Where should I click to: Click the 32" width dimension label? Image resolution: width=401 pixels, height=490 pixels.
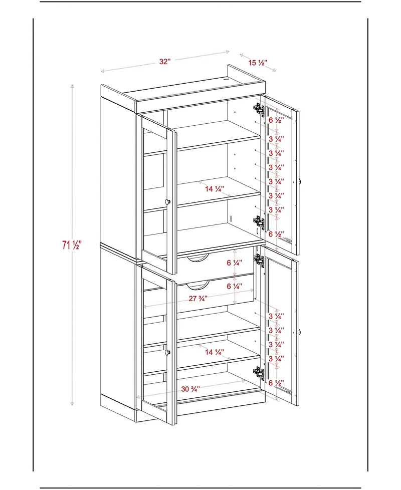pos(165,62)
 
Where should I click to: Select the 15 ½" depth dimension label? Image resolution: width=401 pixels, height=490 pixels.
pos(258,63)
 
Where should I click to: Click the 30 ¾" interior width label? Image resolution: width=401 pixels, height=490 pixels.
pos(190,388)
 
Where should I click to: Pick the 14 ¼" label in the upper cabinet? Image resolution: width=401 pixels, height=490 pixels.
pos(214,189)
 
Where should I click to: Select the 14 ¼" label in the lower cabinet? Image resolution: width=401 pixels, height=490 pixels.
pos(214,352)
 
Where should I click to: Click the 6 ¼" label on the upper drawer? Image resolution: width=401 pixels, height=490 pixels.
pos(234,263)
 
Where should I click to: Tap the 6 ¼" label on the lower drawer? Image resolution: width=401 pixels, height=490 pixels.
pos(234,287)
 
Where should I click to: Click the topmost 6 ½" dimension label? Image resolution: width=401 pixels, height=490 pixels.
pos(276,120)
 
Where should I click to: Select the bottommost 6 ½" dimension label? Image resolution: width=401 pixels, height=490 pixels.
pos(276,383)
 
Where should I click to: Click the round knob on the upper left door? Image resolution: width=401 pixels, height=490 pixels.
pos(168,201)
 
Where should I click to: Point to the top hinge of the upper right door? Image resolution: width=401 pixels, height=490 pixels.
pos(258,108)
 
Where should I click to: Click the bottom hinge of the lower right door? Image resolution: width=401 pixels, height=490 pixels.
pos(258,372)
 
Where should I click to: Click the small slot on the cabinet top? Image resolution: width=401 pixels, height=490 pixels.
pos(227,79)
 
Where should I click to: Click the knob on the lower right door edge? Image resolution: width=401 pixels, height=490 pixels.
pos(299,331)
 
